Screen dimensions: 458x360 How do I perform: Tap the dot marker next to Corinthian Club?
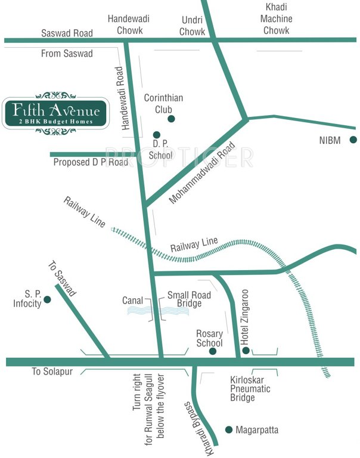click(171, 119)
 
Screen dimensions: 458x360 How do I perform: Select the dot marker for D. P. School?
click(157, 135)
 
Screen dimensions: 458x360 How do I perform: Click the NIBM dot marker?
click(353, 140)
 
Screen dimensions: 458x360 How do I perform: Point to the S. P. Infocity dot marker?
click(47, 299)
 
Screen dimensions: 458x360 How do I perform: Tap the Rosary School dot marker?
click(213, 352)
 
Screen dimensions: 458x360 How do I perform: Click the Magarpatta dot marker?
click(228, 429)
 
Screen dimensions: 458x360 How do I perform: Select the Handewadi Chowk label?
click(129, 24)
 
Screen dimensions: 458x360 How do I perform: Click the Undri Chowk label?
click(192, 24)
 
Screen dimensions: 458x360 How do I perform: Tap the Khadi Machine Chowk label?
click(277, 18)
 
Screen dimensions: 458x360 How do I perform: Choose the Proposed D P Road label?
click(91, 162)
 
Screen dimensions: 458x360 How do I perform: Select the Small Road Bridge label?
click(184, 299)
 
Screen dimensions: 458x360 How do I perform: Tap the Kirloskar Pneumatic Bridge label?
click(250, 388)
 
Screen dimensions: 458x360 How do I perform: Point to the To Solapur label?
click(52, 372)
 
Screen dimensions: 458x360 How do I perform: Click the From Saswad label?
click(67, 54)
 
